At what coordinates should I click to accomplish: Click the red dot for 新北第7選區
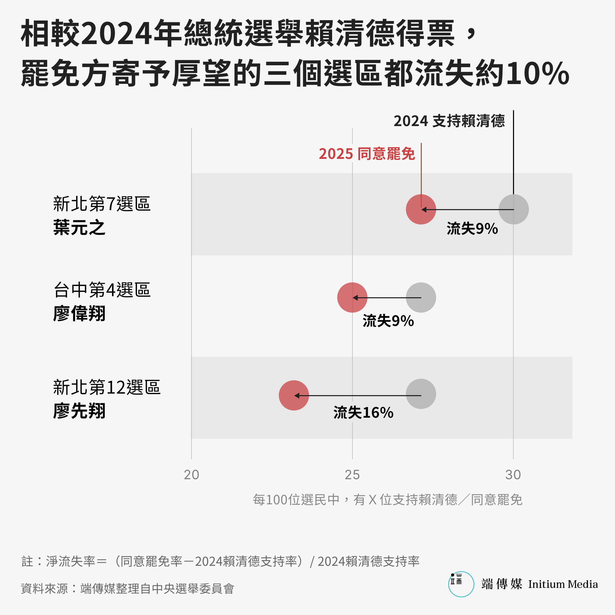click(421, 209)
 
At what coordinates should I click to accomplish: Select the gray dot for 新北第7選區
click(514, 209)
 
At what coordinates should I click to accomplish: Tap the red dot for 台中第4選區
click(352, 297)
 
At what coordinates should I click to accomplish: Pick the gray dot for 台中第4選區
click(421, 297)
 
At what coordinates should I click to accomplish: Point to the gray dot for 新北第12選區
click(421, 394)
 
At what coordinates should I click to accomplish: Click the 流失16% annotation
click(363, 413)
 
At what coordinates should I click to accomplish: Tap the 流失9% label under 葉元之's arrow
click(472, 229)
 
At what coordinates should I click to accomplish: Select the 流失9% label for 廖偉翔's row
click(388, 321)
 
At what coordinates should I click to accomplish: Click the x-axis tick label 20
click(191, 475)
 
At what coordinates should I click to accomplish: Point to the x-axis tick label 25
click(352, 475)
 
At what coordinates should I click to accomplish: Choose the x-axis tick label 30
click(513, 475)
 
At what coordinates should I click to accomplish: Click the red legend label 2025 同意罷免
click(367, 154)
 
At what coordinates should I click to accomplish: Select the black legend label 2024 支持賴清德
click(449, 121)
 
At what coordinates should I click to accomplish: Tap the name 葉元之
click(79, 228)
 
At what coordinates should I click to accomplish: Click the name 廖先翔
click(79, 411)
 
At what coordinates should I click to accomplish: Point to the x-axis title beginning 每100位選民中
click(387, 500)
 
